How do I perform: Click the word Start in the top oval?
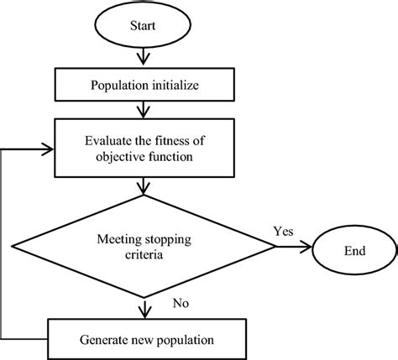[143, 25]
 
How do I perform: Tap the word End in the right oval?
[355, 251]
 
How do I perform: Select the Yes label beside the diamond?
[284, 232]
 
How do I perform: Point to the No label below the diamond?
[181, 303]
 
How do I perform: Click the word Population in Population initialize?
[119, 86]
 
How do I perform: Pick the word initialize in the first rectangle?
[175, 85]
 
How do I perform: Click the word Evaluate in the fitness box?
[108, 140]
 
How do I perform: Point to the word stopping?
[168, 240]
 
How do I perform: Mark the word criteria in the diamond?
[144, 255]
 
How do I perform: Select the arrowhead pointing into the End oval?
[306, 247]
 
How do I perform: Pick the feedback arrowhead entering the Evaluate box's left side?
[48, 149]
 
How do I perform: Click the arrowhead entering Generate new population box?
[144, 313]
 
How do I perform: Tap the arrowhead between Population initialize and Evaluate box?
[144, 112]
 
